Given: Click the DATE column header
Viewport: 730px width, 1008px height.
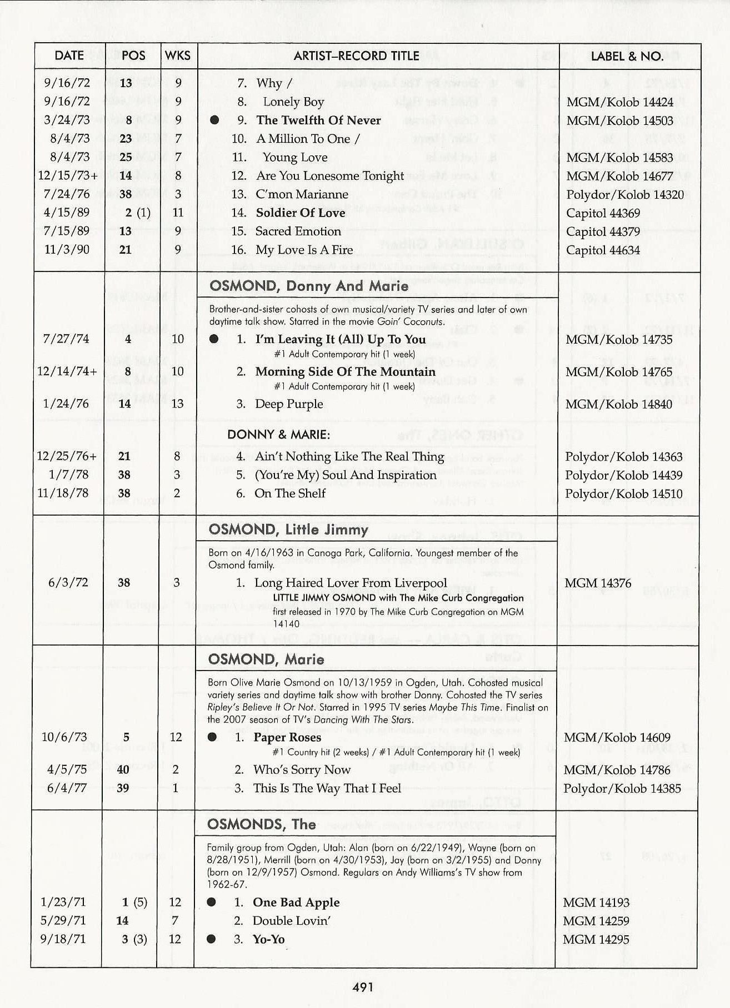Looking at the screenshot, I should coord(69,56).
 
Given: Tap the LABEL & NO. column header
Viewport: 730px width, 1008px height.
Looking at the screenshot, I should coord(627,56).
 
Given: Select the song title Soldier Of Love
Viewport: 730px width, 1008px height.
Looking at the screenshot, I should coord(301,213).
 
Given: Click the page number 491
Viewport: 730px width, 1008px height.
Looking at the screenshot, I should coord(363,986).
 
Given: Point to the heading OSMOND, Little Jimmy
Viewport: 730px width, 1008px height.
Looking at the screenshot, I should coord(288,530).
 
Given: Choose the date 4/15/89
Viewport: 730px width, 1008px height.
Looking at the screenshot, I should coord(67,213).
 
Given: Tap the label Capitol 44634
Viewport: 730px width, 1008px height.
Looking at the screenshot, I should coord(603,250).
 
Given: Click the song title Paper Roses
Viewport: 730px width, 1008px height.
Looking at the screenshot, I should coord(287,737).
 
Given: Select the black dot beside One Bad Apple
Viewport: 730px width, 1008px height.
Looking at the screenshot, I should coord(211,902).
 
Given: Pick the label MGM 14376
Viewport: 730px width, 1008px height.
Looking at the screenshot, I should coord(598,583).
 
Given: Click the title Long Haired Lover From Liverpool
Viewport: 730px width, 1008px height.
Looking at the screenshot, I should coord(351,583).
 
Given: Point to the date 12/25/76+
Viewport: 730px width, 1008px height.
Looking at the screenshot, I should coord(67,456).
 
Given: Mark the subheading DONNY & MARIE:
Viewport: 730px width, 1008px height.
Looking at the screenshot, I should coord(278,435).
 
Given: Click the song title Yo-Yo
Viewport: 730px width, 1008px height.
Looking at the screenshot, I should coord(269,939).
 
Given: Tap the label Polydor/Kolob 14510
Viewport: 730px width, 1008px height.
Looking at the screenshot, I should coord(623,493).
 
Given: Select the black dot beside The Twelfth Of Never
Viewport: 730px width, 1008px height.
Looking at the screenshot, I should coord(215,120).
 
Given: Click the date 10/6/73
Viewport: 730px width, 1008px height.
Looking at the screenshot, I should coord(64,737).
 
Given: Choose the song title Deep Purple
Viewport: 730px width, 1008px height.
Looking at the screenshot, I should coord(289,404).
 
